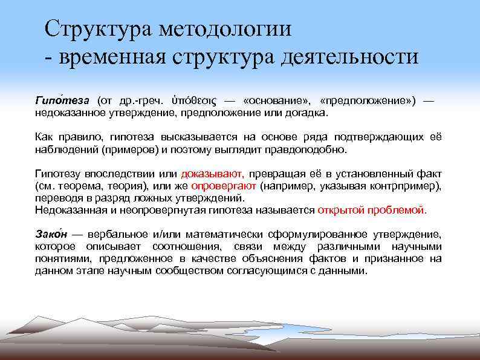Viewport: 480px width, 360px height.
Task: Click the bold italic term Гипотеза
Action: click(62, 100)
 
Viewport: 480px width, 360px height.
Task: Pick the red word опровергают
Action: click(224, 185)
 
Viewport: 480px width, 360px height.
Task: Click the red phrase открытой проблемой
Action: click(372, 210)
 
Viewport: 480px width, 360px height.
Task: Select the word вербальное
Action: click(120, 234)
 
